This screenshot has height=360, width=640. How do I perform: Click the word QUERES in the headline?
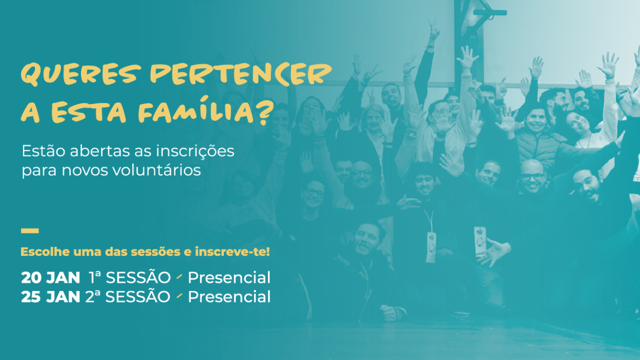point(81,74)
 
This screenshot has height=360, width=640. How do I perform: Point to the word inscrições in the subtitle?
point(195,151)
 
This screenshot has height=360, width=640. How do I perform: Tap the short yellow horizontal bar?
point(29,231)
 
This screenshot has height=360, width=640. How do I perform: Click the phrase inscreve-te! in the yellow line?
point(232,251)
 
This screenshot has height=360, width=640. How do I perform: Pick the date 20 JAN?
point(50,277)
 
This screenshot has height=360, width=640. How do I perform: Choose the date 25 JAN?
point(50,297)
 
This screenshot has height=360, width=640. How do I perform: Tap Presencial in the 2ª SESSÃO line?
point(229,297)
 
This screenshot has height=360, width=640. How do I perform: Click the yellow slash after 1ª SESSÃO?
point(179,276)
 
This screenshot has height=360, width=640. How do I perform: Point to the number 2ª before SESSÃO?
point(93,296)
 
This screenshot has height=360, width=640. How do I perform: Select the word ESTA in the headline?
point(88,111)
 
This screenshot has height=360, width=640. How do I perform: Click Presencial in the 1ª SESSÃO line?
point(229,277)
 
